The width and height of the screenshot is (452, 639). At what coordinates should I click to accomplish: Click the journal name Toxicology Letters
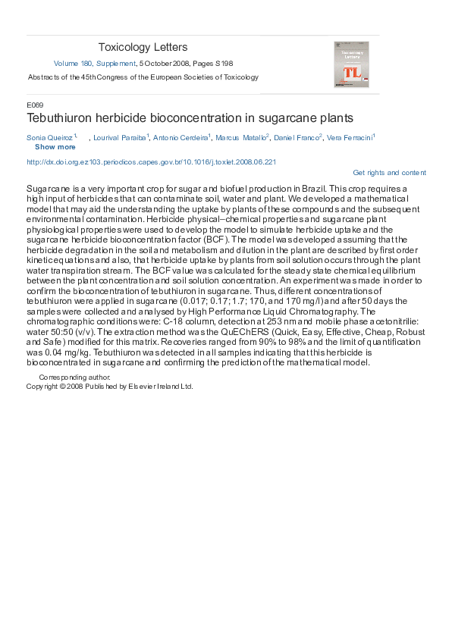(x=143, y=48)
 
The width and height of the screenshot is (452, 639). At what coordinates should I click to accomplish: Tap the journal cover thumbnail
(x=351, y=64)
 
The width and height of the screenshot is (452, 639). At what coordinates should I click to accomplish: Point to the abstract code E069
(x=35, y=105)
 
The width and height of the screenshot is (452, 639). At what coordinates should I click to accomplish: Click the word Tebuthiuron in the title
(x=59, y=118)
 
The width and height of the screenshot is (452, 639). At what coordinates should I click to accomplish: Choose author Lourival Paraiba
(x=120, y=138)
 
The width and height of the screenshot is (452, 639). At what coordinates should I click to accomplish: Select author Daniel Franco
(x=297, y=138)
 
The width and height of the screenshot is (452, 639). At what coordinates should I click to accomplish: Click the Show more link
(x=55, y=147)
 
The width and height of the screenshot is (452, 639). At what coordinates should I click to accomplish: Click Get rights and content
(x=389, y=173)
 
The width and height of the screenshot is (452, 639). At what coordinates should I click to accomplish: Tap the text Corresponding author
(x=70, y=377)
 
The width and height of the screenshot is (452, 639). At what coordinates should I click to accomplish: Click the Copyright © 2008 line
(x=109, y=386)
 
